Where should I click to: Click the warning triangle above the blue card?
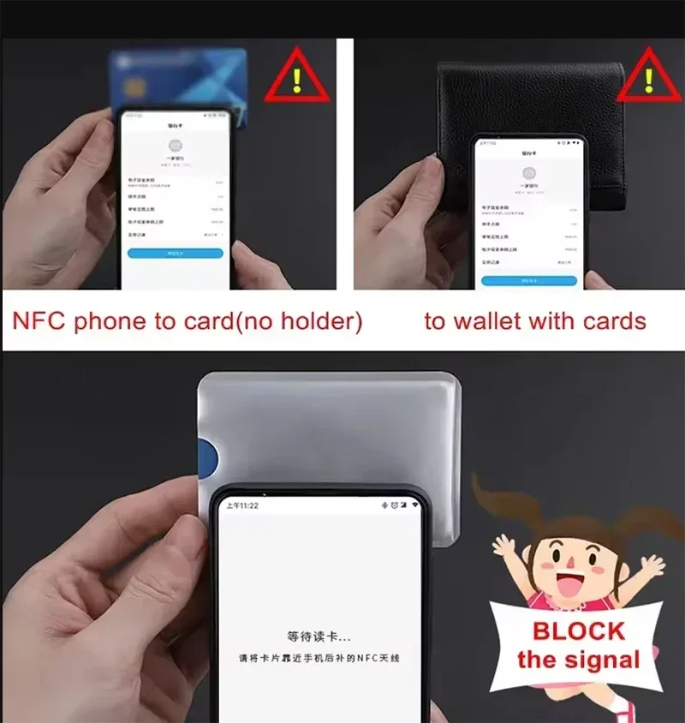(x=296, y=78)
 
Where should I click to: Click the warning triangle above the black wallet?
(x=648, y=78)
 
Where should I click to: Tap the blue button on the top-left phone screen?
(x=175, y=254)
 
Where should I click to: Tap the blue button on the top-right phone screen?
(x=527, y=280)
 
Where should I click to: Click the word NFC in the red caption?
(x=39, y=322)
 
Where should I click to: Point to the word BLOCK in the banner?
(x=579, y=631)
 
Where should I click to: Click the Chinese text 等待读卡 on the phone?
(x=319, y=636)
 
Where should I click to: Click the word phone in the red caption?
(x=109, y=322)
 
